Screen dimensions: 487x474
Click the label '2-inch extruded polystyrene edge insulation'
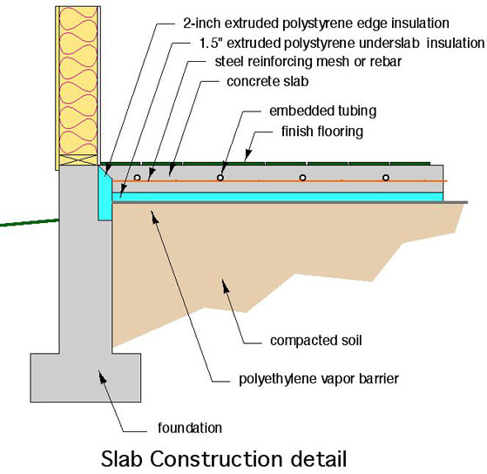point(316,24)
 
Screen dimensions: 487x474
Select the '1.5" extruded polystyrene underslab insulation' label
point(342,44)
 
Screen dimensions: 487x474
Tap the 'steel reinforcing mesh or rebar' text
point(308,62)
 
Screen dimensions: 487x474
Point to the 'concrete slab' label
point(267,81)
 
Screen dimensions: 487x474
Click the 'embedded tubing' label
point(322,111)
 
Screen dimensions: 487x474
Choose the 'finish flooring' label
point(322,132)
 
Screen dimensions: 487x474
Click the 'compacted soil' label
point(316,341)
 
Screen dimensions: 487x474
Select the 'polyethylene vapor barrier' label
point(319,379)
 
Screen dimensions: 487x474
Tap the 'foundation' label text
point(190,428)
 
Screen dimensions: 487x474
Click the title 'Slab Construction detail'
point(224,459)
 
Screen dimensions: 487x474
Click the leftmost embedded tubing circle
point(137,178)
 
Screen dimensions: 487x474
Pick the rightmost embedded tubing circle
point(386,178)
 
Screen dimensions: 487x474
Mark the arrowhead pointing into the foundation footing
point(102,376)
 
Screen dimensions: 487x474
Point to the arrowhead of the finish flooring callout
point(247,154)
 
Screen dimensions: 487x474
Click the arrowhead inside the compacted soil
point(226,286)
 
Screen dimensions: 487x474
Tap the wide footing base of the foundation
point(85,377)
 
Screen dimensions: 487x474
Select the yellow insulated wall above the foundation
point(78,81)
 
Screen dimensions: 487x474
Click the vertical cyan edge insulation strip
point(105,193)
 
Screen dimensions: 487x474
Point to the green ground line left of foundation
point(30,222)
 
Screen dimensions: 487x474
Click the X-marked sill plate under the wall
point(78,159)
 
